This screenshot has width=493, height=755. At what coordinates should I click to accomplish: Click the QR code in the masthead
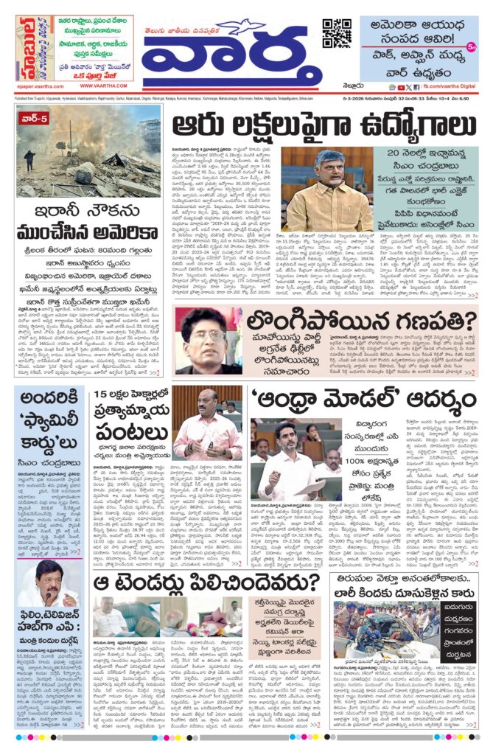point(336,34)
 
